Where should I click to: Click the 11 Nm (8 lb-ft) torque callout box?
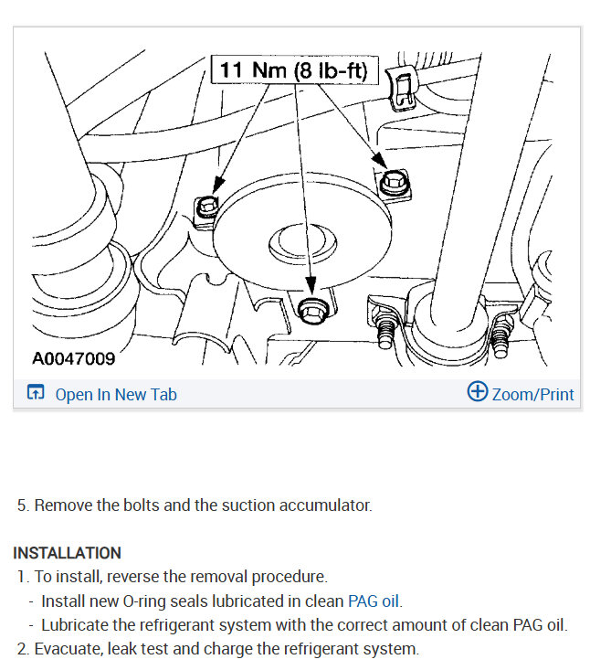(295, 69)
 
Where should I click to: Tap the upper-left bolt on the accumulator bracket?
(207, 207)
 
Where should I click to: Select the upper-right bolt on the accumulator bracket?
(394, 182)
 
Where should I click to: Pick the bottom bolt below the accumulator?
(313, 310)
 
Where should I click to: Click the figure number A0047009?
(73, 358)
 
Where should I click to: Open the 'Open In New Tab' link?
(116, 394)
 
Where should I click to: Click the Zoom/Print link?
(532, 394)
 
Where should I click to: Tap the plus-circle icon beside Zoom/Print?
(477, 391)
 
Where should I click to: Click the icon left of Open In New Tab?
(36, 391)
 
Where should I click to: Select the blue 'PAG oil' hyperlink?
(374, 601)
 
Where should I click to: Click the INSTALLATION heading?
(67, 553)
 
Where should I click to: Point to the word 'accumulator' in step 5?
(325, 505)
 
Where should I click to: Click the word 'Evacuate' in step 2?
(68, 649)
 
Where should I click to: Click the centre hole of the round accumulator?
(302, 243)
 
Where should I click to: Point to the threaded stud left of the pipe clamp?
(385, 328)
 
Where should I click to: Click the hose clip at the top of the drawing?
(401, 88)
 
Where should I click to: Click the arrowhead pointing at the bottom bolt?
(311, 285)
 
